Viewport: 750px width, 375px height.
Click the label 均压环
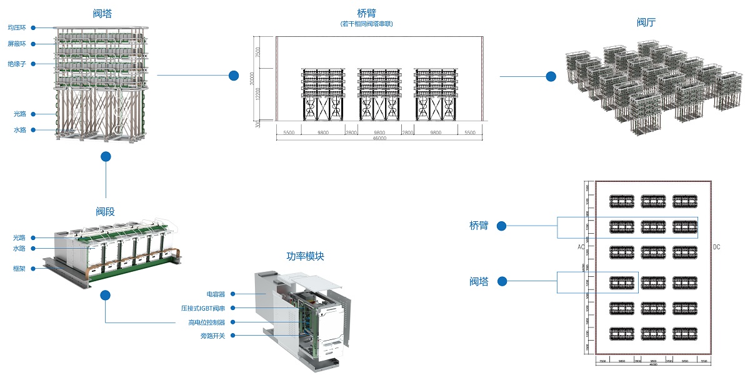tap(16, 27)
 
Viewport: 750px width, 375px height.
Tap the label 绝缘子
tap(16, 64)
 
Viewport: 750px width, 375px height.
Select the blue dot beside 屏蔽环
tap(32, 44)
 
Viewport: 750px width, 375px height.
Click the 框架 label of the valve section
tap(19, 268)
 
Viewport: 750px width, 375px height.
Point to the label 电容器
tap(216, 293)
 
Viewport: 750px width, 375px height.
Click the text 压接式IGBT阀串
tap(204, 308)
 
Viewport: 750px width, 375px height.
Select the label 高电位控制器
tap(207, 322)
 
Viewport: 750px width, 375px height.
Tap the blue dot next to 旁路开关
tap(232, 336)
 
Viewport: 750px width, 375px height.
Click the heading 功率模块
tap(305, 257)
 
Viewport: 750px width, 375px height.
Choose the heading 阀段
tap(105, 212)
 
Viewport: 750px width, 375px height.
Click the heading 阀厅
tap(646, 22)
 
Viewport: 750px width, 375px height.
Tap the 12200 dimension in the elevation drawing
tap(257, 94)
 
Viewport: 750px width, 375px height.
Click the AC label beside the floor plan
tap(581, 247)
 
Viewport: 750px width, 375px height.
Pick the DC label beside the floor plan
tap(716, 247)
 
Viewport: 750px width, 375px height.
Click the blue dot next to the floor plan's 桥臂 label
tap(501, 226)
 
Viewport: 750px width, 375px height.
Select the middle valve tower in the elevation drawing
tap(379, 94)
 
